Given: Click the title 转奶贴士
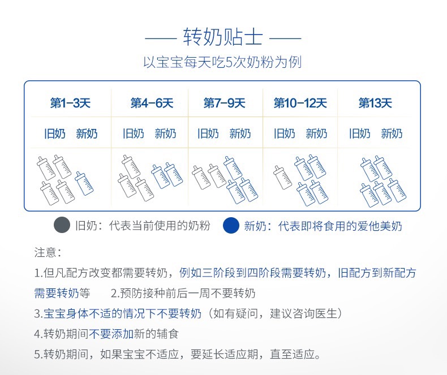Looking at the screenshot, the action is pyautogui.click(x=223, y=38).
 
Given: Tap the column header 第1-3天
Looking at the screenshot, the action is pyautogui.click(x=70, y=104).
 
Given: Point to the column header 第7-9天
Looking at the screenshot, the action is pyautogui.click(x=225, y=104).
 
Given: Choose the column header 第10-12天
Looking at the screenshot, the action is pyautogui.click(x=300, y=104).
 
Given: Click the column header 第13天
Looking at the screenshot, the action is pyautogui.click(x=375, y=104).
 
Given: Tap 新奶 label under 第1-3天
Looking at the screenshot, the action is pyautogui.click(x=87, y=134).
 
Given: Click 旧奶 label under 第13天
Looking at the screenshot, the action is pyautogui.click(x=360, y=134).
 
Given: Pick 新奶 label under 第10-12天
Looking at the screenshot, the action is pyautogui.click(x=316, y=134).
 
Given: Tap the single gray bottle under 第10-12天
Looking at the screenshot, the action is pyautogui.click(x=282, y=177).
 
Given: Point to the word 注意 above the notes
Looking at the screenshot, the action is pyautogui.click(x=48, y=252).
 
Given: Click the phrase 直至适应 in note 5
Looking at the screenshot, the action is pyautogui.click(x=300, y=355).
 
